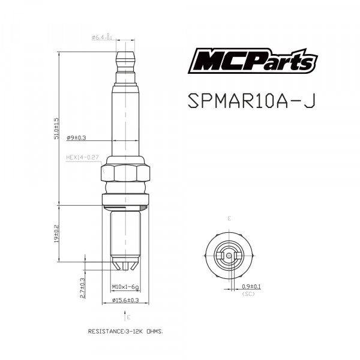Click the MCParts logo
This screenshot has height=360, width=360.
click(x=253, y=62)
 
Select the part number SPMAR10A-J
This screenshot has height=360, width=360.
click(x=251, y=100)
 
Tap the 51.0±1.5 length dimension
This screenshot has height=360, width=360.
click(x=56, y=128)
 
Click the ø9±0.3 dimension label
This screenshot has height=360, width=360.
click(x=77, y=137)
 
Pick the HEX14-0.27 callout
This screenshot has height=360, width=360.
click(x=82, y=157)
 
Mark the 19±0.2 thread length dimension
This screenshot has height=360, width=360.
click(x=56, y=234)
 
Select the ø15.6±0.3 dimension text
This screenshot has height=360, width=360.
click(x=125, y=299)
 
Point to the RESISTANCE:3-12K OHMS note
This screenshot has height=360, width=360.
click(x=125, y=331)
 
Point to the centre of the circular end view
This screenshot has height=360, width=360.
click(x=229, y=255)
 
